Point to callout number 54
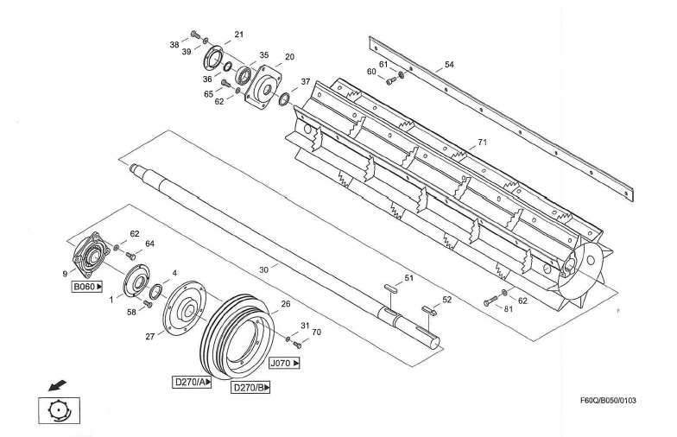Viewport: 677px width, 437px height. tap(448, 64)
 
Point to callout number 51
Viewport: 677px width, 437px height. tap(409, 277)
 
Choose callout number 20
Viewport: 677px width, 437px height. tap(289, 57)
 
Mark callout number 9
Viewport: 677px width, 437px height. tap(64, 274)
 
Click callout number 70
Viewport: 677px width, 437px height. tap(315, 332)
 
